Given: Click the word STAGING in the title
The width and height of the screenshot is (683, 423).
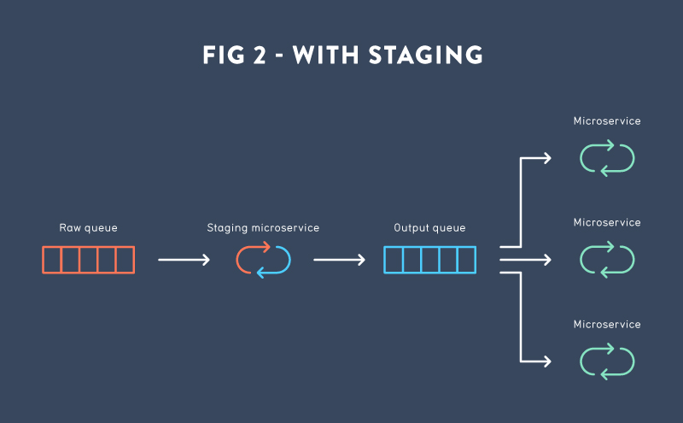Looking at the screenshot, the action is (425, 55).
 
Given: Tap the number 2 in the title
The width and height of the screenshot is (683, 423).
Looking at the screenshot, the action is (260, 55).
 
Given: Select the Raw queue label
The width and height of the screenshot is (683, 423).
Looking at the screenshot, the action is (89, 228).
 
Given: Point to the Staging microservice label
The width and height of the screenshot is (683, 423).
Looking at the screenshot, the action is (263, 228).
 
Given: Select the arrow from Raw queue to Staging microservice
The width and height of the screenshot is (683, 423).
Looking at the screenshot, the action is (184, 260).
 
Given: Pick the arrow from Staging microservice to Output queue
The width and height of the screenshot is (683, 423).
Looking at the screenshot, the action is (339, 260).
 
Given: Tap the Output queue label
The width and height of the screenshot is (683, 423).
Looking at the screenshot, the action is (429, 228).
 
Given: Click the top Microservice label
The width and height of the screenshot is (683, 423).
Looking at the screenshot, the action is (607, 121).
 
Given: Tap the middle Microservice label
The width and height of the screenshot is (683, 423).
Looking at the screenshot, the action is (607, 223).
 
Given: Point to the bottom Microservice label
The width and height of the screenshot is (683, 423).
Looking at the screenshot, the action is (607, 325).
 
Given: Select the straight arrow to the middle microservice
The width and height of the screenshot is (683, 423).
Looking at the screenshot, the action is (525, 260).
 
